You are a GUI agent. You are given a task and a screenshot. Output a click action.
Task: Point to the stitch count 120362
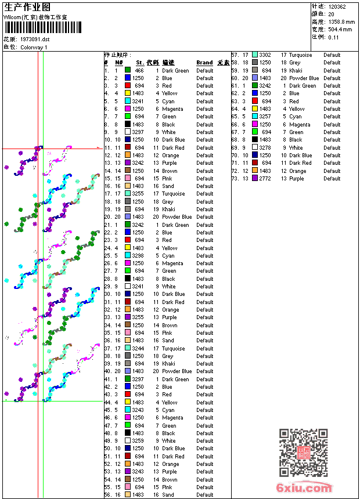coord(337,7)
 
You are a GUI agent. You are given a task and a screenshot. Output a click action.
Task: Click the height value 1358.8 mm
coord(341,22)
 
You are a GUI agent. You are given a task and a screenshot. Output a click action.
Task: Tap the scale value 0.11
coord(333,37)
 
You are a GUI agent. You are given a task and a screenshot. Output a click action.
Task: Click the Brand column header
coord(204,63)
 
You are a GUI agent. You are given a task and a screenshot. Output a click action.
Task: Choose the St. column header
coord(140,63)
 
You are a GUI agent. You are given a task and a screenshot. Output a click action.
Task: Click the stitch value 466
coord(139,71)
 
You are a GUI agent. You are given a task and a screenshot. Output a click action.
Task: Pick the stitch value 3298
coord(138,256)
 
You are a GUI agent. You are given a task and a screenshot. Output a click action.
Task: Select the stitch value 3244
coord(138,349)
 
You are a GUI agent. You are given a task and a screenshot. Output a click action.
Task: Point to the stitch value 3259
coord(138,441)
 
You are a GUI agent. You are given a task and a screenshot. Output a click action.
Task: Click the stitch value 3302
coord(265,55)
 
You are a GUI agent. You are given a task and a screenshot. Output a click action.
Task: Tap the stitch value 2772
coord(265,179)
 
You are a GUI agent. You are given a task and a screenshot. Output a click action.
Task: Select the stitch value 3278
coord(265,148)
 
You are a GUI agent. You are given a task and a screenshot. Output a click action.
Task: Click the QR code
coord(303,452)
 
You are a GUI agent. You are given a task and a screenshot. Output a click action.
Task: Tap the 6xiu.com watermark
coord(304,489)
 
